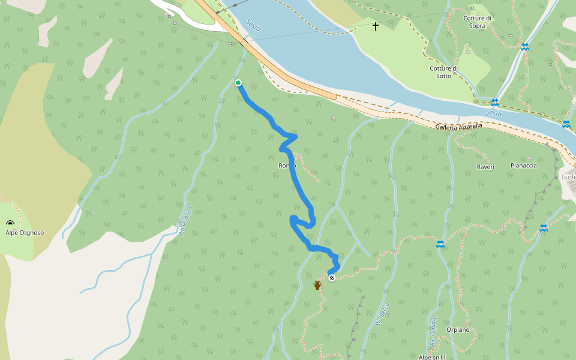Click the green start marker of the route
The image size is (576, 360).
(238, 83)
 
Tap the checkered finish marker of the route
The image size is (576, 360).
(331, 277)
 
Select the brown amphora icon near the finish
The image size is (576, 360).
(317, 286)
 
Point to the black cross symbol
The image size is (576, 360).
(376, 26)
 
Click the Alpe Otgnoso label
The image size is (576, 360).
(25, 232)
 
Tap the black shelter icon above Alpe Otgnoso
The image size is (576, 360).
(10, 223)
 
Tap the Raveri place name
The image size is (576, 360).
(485, 167)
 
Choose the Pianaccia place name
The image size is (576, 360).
(523, 165)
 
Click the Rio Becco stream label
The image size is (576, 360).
(383, 314)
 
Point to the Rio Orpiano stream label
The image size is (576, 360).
(433, 330)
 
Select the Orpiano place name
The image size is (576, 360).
(457, 330)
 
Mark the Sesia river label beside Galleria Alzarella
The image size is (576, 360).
(493, 113)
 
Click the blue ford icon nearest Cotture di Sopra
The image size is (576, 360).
(525, 47)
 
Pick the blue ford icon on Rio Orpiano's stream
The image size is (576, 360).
(440, 244)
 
